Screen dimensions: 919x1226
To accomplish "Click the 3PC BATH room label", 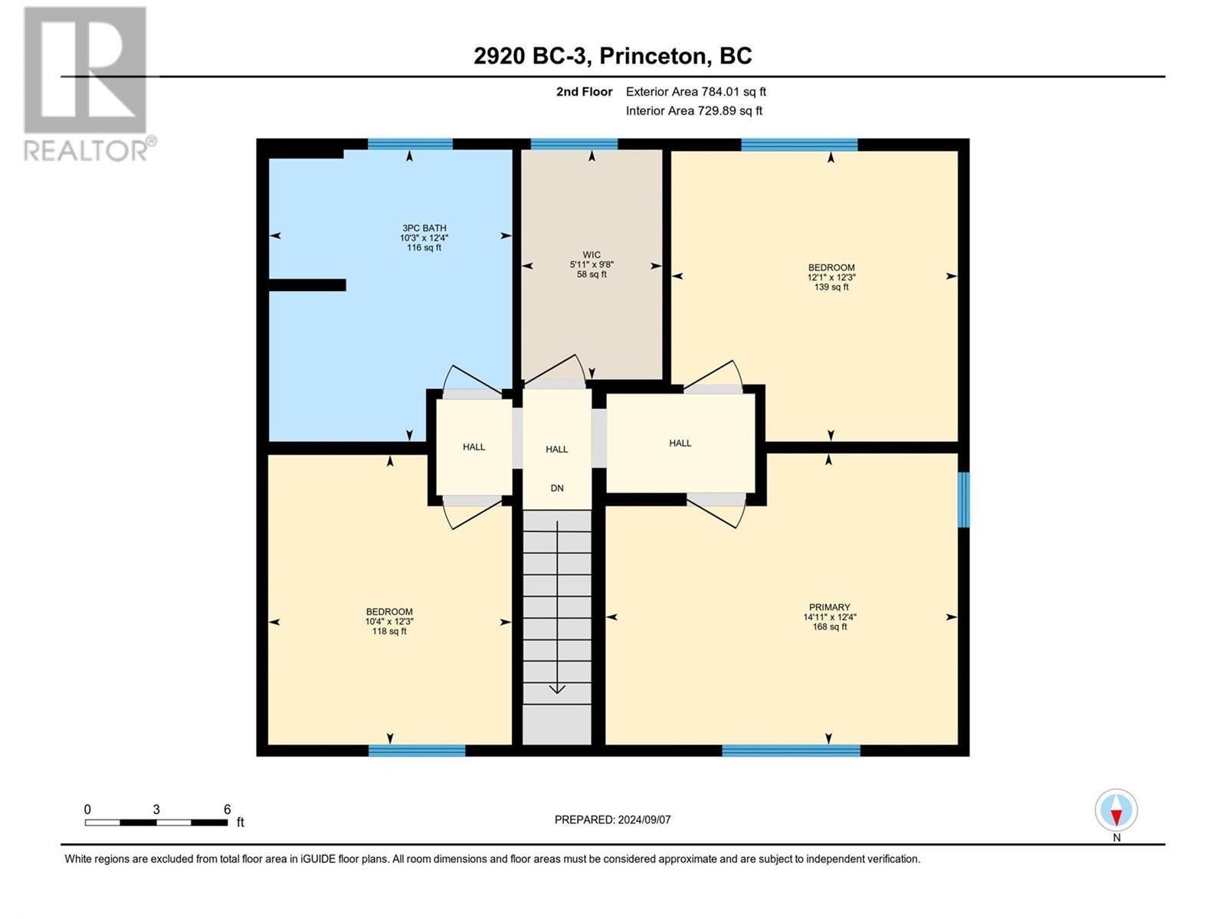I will [424, 228].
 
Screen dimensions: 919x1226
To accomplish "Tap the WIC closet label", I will [591, 255].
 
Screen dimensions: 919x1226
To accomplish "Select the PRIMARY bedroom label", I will [829, 607].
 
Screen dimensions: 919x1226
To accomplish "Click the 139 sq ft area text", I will [831, 287].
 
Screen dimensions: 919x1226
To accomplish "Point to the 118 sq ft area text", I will [389, 631].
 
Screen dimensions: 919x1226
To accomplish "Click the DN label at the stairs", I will [557, 488].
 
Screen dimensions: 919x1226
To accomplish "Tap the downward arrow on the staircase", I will [557, 688].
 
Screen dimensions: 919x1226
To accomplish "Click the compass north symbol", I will [1116, 811].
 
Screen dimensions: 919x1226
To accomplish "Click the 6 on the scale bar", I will [227, 809].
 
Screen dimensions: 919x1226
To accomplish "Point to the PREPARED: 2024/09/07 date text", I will [612, 819].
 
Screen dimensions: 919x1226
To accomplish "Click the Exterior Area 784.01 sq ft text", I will [696, 92].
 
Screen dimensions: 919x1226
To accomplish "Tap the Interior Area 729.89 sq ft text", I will [693, 111].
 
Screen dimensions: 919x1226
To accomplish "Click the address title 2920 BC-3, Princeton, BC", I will [612, 56].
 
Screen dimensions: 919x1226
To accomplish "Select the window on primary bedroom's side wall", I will [963, 499].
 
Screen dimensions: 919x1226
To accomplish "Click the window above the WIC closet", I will [574, 144].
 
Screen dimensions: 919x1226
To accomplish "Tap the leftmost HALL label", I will [474, 446].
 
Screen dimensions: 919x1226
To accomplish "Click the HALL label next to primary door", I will [680, 443].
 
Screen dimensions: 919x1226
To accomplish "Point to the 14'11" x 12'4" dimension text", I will [829, 617].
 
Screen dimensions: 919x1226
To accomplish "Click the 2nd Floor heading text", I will [584, 92].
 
